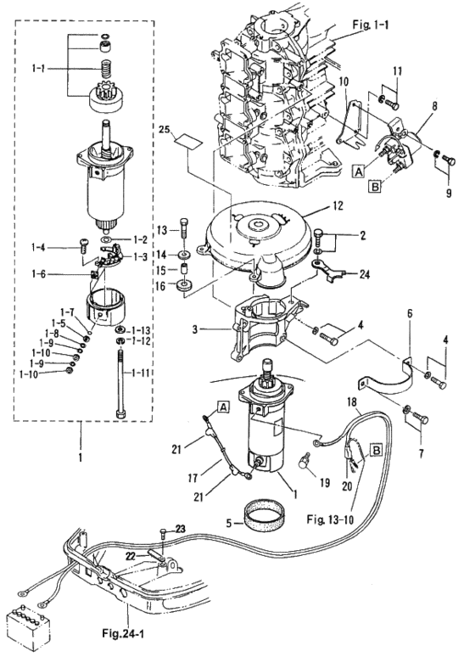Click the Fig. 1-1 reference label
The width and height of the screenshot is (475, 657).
[x=371, y=25]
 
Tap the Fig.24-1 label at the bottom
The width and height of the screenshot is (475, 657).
[x=123, y=632]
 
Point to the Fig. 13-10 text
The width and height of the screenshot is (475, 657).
[x=330, y=519]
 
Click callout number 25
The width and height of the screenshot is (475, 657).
[x=165, y=131]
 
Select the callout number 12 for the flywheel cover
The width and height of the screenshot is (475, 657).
[x=338, y=205]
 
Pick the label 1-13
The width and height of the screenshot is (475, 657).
[x=140, y=330]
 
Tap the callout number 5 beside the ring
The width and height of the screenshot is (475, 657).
[x=228, y=523]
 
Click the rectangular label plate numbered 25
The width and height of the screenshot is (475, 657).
[x=187, y=141]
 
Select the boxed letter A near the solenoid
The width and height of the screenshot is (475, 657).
[x=358, y=171]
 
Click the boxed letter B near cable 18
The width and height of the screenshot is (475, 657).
[x=377, y=450]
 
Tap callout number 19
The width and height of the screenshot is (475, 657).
[x=325, y=483]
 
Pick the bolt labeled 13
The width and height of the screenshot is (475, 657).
[x=184, y=230]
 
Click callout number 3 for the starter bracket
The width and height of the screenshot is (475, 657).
[x=195, y=329]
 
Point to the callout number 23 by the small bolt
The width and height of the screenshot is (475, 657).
[x=180, y=529]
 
